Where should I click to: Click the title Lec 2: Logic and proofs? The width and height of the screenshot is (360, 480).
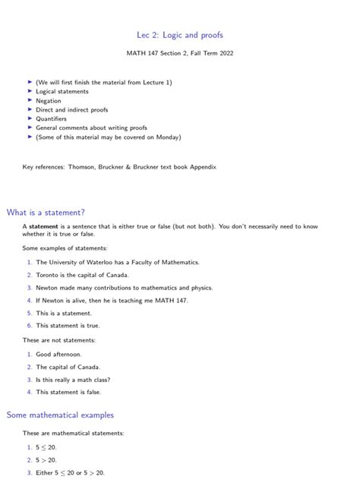(180, 35)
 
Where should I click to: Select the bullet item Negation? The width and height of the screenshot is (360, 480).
(48, 100)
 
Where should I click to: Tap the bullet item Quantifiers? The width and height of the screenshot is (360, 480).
(51, 118)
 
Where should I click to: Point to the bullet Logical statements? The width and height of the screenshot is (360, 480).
(62, 91)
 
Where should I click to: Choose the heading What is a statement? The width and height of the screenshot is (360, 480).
(45, 212)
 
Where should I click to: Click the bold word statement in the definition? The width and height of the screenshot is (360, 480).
(44, 226)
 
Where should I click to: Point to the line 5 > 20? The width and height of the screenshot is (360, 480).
(46, 459)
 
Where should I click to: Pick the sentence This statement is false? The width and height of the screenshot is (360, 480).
(68, 392)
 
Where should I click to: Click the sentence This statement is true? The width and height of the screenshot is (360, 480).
(68, 325)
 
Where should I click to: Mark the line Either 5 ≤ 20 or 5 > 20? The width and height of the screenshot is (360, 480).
(70, 472)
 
